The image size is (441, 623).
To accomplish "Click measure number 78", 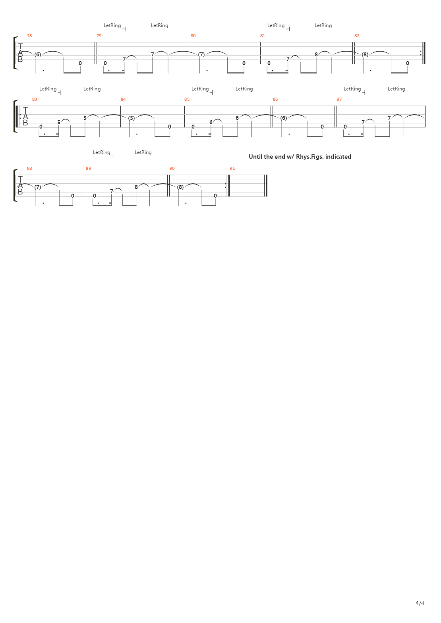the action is pos(29,36).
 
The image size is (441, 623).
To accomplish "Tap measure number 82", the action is pos(357,36).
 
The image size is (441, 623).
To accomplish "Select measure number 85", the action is pos(187,99).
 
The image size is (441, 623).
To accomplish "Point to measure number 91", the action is pos(232,168).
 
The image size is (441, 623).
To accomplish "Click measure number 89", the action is pos(88,168).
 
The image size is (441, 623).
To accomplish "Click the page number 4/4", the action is pos(420,603).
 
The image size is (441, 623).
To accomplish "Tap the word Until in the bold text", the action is pos(255,157).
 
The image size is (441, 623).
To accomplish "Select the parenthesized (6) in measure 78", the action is pos(38,54).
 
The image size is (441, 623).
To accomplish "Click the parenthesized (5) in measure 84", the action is pos(132,118).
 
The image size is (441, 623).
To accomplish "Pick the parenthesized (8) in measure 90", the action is pos(180,187).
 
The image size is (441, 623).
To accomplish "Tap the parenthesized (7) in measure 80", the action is pos(201,54).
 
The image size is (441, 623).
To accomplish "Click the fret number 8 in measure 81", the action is pos(316,54).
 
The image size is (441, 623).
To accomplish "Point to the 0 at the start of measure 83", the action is pos(41,127).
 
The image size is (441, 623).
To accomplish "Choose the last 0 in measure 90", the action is pos(215,196).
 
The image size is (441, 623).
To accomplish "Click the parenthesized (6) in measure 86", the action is pos(283,118).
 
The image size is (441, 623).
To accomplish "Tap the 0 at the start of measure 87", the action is pos(345,127).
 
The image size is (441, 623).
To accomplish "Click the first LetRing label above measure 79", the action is pos(112,25).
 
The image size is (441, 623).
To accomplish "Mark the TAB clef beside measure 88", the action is pos(20,185).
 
